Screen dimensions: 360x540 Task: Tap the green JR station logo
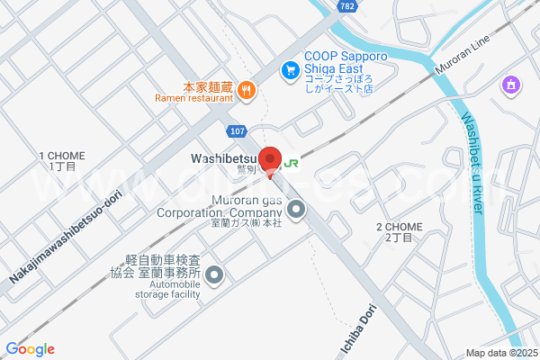[291, 164]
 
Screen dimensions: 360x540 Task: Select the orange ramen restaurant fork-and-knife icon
[247, 88]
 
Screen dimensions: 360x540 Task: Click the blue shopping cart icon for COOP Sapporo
[290, 68]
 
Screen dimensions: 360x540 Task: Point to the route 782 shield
[347, 6]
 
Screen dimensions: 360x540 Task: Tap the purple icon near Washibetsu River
[510, 85]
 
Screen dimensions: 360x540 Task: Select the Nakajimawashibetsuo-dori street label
[65, 229]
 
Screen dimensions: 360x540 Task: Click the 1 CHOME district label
[62, 161]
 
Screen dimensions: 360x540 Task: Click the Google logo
[30, 349]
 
